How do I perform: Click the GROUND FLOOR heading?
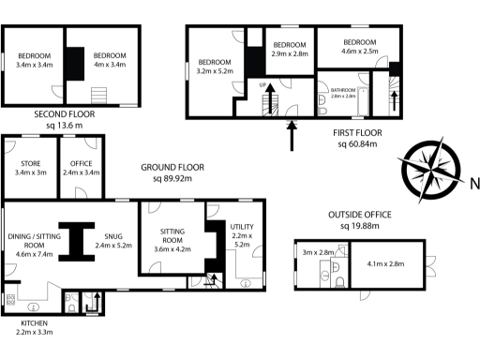[x=172, y=168]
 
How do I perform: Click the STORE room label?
[x=30, y=167]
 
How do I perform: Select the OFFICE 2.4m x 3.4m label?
[x=80, y=167]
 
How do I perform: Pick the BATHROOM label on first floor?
[x=343, y=92]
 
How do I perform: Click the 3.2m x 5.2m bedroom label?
[x=217, y=66]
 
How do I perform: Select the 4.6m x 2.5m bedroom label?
[x=360, y=47]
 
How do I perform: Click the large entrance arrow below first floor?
[x=292, y=133]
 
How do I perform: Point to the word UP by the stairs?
[x=263, y=84]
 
